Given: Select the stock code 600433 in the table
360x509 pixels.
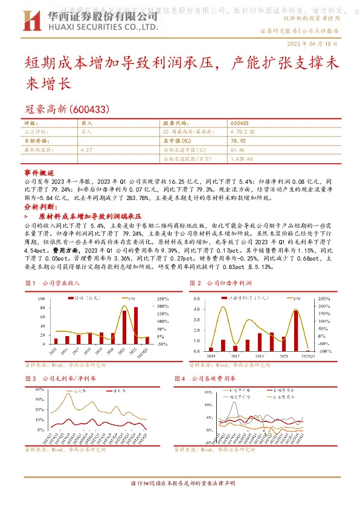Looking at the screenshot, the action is click(x=239, y=123).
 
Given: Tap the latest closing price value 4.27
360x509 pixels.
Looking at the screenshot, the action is click(x=86, y=149).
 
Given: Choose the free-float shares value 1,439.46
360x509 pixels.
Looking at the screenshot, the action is click(x=242, y=158).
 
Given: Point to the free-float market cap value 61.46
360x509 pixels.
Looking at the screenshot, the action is click(x=237, y=149).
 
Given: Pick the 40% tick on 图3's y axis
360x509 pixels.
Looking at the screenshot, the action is click(x=35, y=389).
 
